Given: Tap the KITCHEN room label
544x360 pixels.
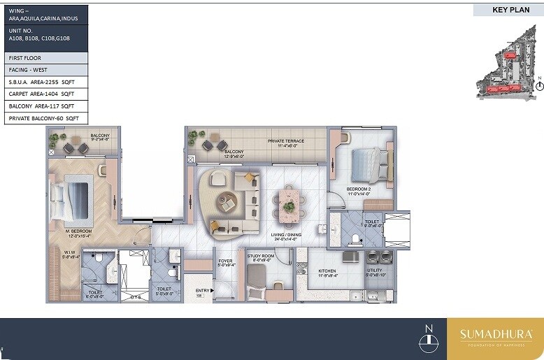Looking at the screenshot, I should pyautogui.click(x=327, y=271).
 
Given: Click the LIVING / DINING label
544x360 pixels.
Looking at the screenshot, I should pyautogui.click(x=284, y=236).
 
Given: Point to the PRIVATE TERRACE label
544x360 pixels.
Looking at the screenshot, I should pyautogui.click(x=283, y=141).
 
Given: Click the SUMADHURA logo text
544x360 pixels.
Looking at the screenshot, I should pyautogui.click(x=495, y=335).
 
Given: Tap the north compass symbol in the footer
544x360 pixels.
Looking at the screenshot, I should pyautogui.click(x=429, y=340).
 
